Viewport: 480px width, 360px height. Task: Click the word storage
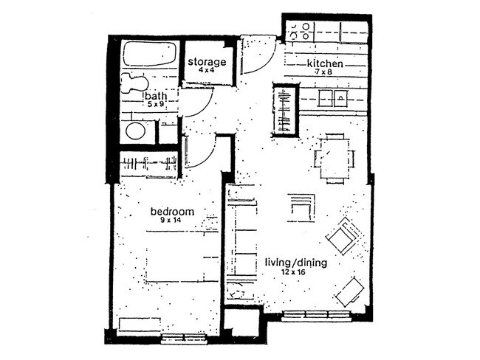click(x=205, y=62)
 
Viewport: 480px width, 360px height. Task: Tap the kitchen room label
click(x=326, y=63)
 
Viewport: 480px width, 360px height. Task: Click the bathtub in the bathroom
click(x=149, y=55)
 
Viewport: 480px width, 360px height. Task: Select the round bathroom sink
click(x=135, y=131)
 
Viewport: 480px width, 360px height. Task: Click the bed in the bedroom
click(x=181, y=255)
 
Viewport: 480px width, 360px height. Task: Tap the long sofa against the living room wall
click(x=241, y=238)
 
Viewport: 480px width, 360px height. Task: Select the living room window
click(x=317, y=316)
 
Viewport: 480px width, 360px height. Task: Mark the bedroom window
click(x=183, y=339)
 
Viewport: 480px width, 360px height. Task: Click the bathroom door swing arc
click(x=195, y=103)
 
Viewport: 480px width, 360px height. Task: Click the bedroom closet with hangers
click(x=149, y=164)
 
